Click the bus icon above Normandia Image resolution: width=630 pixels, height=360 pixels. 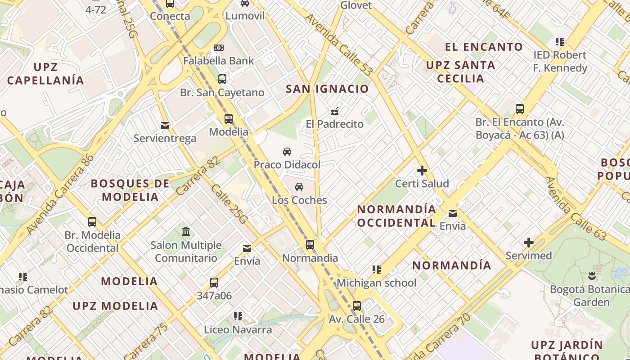pos(310,245)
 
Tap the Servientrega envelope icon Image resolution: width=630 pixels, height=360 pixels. pos(165,125)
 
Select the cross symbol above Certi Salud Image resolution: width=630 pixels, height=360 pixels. pos(422,171)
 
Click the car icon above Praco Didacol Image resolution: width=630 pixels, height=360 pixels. pos(287,152)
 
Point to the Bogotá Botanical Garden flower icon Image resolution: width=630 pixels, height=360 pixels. pos(592,275)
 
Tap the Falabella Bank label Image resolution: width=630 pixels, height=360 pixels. pos(219,61)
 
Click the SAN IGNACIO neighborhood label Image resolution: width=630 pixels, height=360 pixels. pos(327,89)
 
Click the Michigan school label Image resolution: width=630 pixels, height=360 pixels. pos(376,283)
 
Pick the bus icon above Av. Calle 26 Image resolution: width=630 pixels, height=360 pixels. pos(357,306)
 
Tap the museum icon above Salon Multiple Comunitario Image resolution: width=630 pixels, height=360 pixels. pos(185,232)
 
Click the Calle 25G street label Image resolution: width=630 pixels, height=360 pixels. pos(229,204)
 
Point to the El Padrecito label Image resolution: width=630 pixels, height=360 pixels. pos(334,124)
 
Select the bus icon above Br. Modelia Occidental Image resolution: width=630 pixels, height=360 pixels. pos(92,222)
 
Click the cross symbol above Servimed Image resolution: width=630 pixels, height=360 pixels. pos(528,243)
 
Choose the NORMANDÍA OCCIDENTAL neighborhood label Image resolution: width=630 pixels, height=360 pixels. pos(396,216)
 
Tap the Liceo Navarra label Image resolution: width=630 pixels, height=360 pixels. pos(238,330)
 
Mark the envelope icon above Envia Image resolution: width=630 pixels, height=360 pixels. pos(452,213)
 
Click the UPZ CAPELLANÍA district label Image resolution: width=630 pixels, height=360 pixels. pos(45,74)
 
